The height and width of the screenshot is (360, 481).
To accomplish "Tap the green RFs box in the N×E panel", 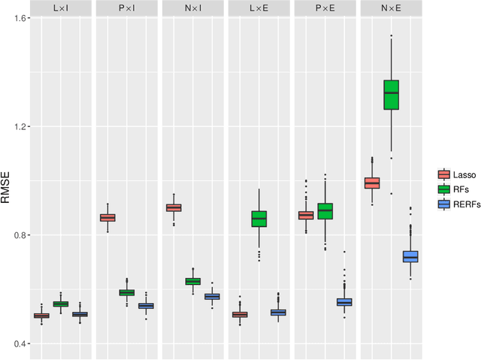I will [x=392, y=95].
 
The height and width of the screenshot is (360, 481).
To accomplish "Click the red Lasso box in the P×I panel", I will [x=107, y=217].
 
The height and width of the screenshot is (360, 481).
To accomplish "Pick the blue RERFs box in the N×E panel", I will [x=410, y=256].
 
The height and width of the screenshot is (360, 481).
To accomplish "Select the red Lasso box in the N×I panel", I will [x=173, y=207].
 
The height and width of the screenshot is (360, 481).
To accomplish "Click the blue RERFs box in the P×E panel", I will [x=344, y=302].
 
